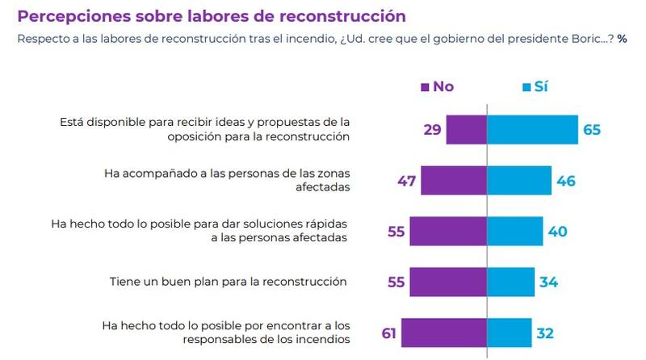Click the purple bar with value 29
coord(466,130)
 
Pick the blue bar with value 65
coord(532,130)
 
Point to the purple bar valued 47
coord(453,181)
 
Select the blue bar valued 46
coord(519,181)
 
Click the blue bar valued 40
coord(514,232)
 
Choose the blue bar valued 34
coord(510,283)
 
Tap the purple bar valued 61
coord(443,333)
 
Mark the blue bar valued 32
coord(509,333)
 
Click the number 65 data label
coord(593,130)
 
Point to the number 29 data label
coord(430,130)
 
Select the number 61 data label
coord(388,333)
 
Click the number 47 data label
coord(405,181)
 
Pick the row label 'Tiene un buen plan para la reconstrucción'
coord(229,282)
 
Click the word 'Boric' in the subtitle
coord(579,37)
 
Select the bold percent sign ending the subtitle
coord(622,37)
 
